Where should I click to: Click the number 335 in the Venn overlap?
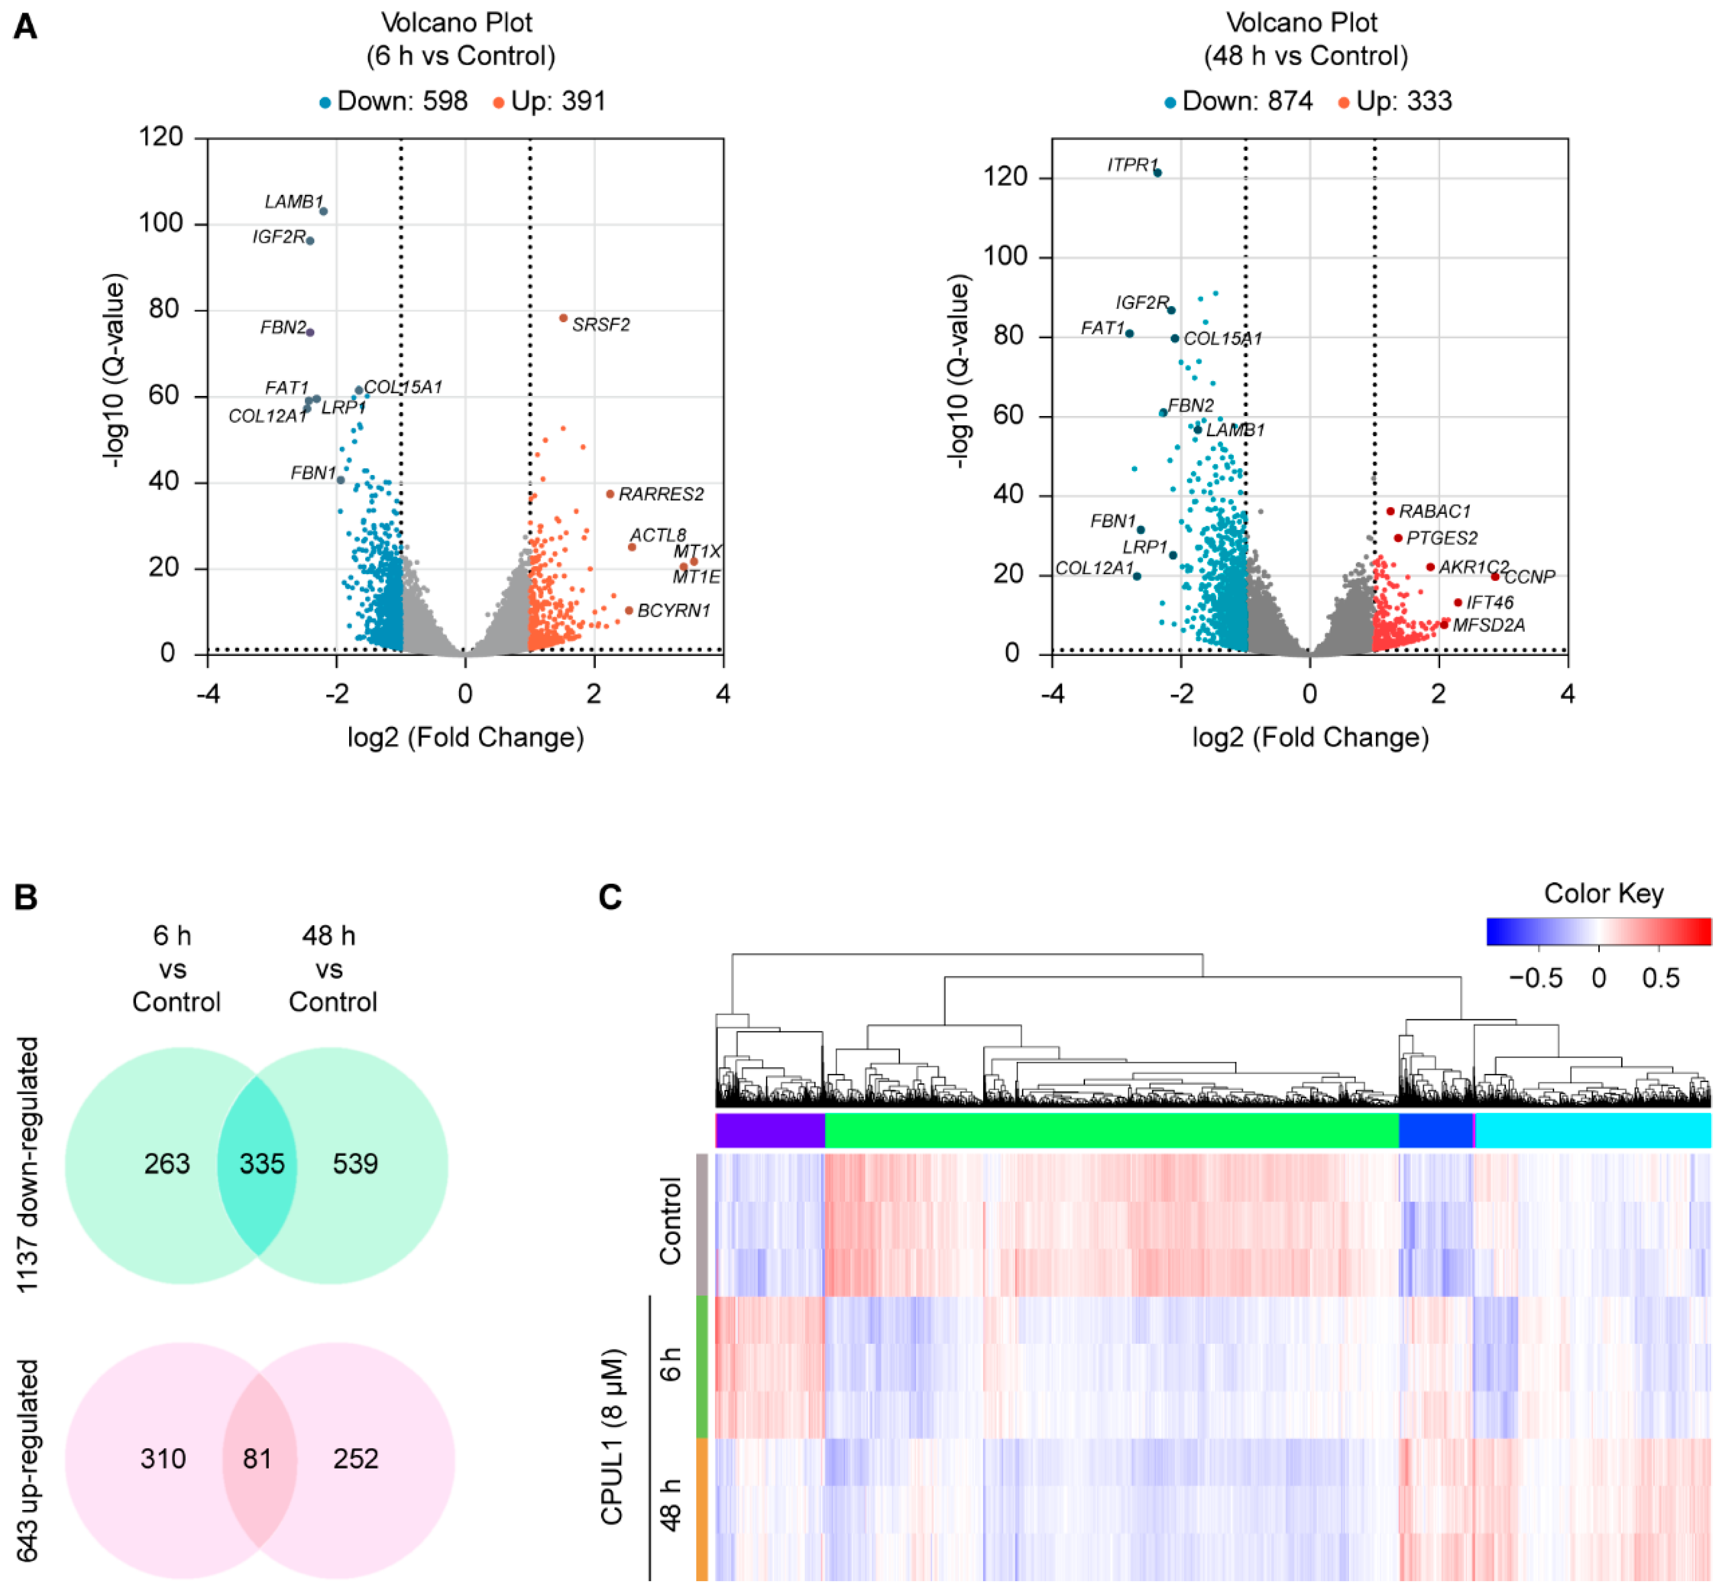261,1164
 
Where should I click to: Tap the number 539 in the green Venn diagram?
355,1164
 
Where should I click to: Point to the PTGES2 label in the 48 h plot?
1442,539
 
